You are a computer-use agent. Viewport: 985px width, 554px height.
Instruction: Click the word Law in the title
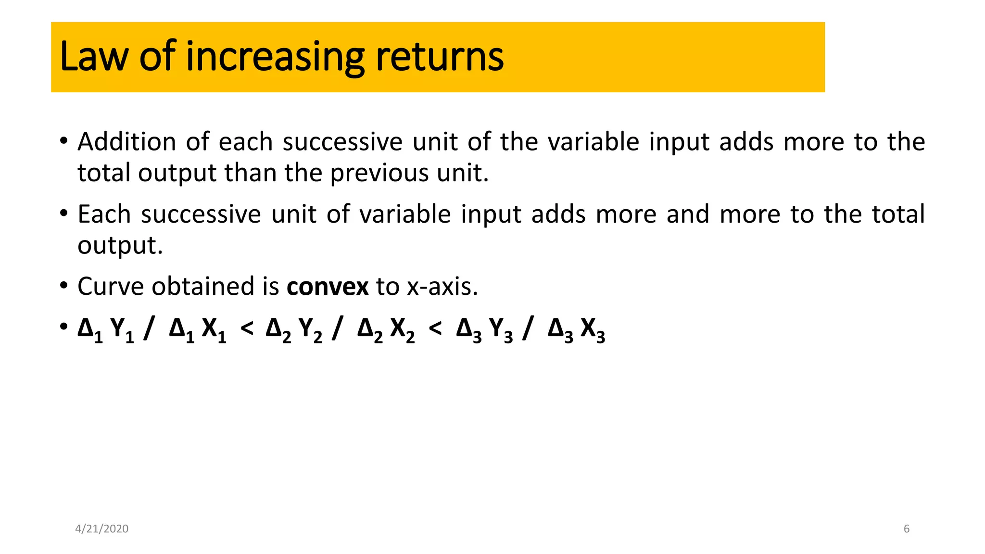coord(94,57)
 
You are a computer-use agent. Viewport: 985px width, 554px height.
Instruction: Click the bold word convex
coord(328,287)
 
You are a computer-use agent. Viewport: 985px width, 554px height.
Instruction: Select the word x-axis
coord(442,287)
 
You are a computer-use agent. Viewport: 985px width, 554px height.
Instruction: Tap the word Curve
coord(111,287)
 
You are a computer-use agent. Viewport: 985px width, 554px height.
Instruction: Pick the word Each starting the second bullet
coord(104,214)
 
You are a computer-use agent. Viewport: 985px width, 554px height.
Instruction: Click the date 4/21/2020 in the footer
coord(102,529)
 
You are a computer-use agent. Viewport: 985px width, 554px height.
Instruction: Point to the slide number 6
coord(907,529)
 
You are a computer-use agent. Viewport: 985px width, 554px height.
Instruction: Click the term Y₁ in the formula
coord(122,330)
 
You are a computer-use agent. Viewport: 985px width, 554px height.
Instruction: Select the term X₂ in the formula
coord(402,330)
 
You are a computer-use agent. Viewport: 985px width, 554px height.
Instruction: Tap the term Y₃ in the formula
coord(501,330)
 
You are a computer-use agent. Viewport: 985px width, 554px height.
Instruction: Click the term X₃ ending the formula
coord(593,330)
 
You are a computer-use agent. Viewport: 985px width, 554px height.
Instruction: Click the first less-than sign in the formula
coord(247,329)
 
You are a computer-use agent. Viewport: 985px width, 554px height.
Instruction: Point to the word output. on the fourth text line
coord(120,246)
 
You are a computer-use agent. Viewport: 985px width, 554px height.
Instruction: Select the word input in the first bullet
coord(679,142)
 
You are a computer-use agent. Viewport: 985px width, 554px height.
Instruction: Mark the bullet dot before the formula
coord(64,327)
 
